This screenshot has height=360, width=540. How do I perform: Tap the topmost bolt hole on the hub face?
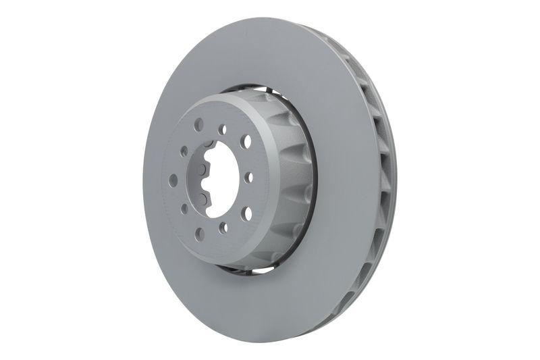(198, 125)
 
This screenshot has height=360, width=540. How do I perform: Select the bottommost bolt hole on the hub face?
(200, 234)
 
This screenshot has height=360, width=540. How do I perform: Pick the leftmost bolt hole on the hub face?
(173, 180)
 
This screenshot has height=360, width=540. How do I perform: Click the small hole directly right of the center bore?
(249, 178)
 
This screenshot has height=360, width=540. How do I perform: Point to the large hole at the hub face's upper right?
(246, 141)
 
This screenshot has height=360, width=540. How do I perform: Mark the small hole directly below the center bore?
(223, 228)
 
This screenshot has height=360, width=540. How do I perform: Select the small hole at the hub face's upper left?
(184, 151)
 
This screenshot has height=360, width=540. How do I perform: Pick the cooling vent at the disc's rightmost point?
(389, 179)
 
